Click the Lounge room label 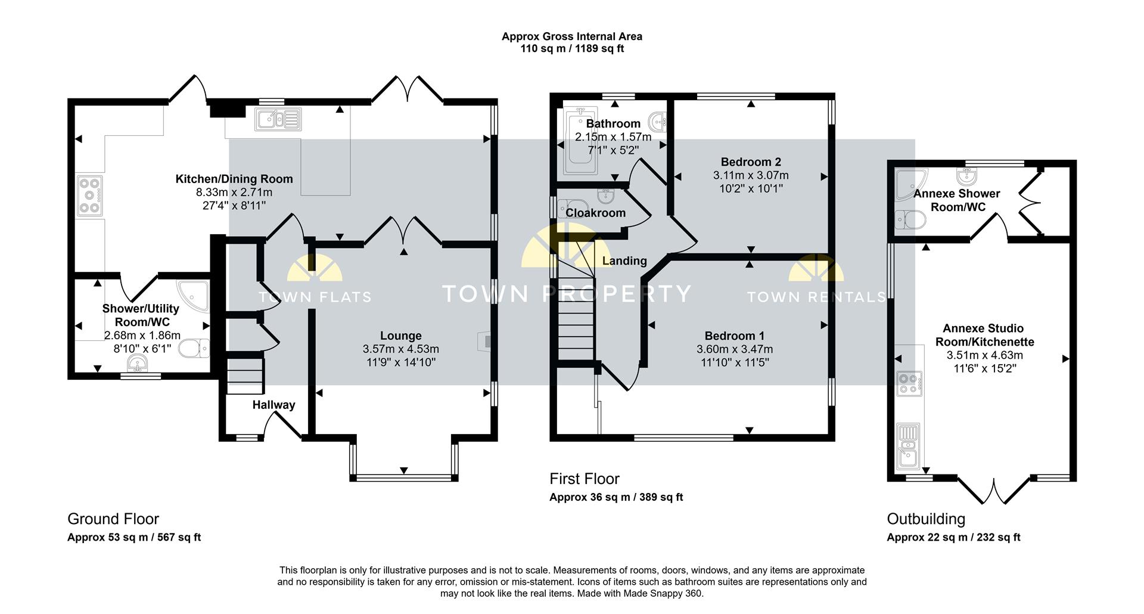[x=401, y=336]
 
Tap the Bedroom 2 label [x=751, y=162]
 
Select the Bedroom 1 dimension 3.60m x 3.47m [x=735, y=349]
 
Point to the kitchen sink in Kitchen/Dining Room [x=278, y=119]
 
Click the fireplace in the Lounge [x=485, y=341]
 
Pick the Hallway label [x=273, y=405]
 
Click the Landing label [x=624, y=261]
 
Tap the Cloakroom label [x=595, y=213]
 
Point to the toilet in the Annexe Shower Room [x=912, y=220]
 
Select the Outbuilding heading [x=926, y=519]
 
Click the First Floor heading [x=584, y=479]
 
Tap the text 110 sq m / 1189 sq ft [x=572, y=49]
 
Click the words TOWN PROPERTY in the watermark [x=566, y=293]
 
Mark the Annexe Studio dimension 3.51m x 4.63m [x=985, y=355]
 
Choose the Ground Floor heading [x=113, y=519]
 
